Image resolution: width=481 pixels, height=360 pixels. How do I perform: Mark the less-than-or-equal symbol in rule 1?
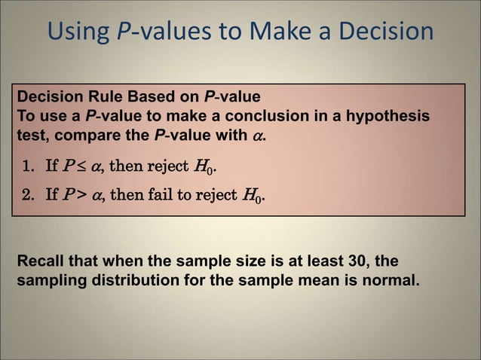point(78,166)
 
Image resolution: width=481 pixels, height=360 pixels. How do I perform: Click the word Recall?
point(39,261)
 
